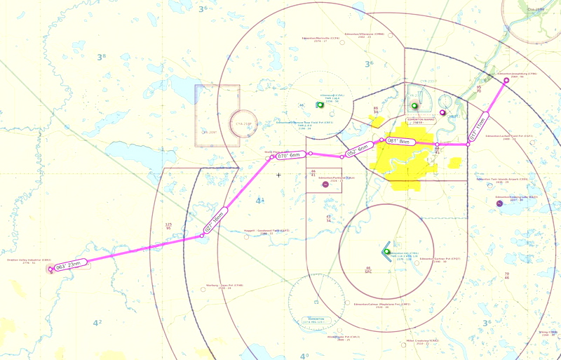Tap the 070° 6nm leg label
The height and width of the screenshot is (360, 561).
[x=288, y=155]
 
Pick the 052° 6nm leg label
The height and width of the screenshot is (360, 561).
[x=358, y=149]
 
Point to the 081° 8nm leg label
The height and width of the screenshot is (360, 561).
[x=398, y=141]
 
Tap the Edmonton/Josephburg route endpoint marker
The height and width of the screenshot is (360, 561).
[x=506, y=80]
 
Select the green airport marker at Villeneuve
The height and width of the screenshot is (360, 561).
[x=320, y=105]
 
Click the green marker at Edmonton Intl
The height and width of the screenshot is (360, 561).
[x=386, y=251]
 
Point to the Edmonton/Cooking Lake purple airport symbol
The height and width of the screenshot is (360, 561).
[x=499, y=204]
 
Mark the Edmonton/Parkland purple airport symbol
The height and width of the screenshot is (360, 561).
[x=313, y=177]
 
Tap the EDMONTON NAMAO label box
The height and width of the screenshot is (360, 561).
[x=426, y=121]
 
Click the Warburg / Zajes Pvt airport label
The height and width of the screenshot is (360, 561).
[x=229, y=286]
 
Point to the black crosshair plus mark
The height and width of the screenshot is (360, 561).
[x=278, y=175]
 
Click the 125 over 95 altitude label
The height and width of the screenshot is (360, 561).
[x=168, y=226]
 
